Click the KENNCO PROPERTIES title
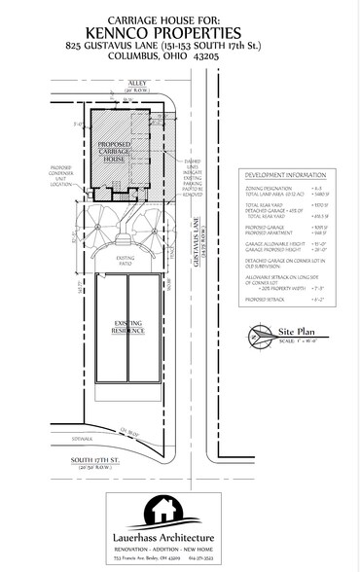180,30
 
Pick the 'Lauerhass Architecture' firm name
179,537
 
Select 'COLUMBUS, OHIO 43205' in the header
180,56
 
